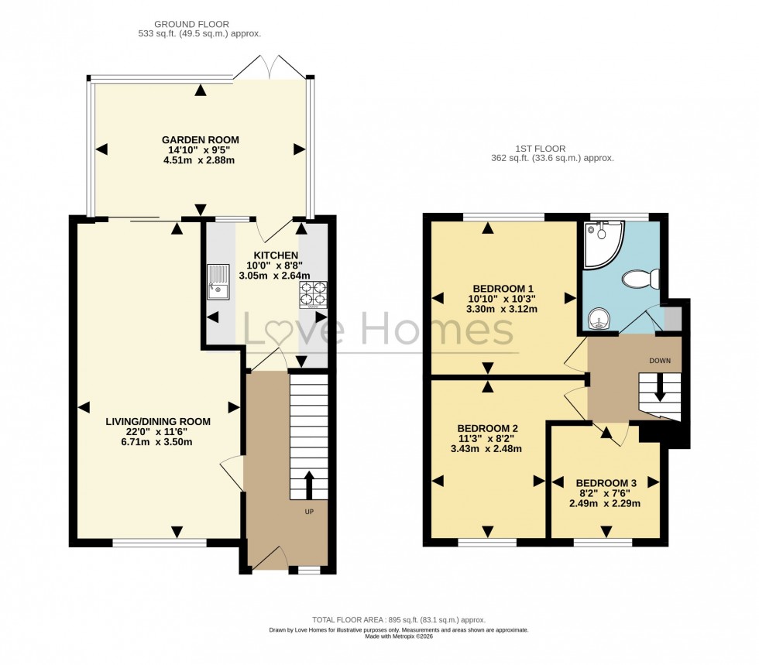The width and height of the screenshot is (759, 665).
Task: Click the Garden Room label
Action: coord(201,139)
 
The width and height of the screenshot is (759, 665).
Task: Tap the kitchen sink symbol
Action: coord(218,282)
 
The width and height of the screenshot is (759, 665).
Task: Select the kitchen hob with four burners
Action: coord(314,294)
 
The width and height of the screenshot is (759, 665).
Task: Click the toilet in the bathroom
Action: coord(642,278)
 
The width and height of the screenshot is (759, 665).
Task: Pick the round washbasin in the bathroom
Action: coord(598,317)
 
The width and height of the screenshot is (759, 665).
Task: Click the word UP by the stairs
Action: coord(308,512)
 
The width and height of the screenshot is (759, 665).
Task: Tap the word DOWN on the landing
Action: coord(660,360)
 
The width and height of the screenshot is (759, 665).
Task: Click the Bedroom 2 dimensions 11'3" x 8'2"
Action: coord(487,438)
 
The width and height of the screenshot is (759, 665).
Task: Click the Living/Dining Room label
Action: coord(158,421)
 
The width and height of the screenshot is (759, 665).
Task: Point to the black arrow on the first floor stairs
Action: coord(660,387)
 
